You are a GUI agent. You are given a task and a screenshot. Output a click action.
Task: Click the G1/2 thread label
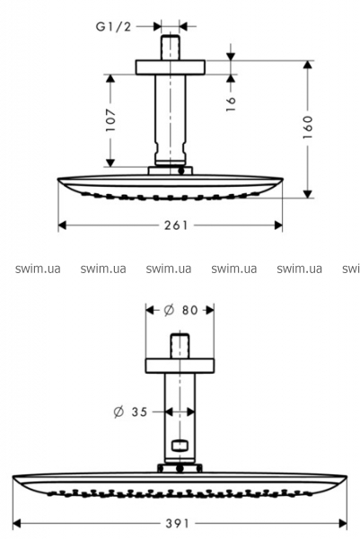(113, 26)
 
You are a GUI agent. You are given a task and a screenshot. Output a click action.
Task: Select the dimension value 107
(110, 120)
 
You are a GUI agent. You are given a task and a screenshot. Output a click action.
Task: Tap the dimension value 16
(231, 103)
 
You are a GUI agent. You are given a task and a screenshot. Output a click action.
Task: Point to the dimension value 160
(308, 127)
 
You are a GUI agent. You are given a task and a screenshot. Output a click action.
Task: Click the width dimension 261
(176, 225)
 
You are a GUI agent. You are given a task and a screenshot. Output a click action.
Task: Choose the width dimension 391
(177, 524)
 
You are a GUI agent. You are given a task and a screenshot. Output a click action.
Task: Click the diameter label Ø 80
(180, 310)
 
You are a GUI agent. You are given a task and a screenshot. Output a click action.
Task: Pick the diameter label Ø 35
(130, 411)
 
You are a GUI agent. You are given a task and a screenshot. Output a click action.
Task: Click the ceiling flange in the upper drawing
(170, 67)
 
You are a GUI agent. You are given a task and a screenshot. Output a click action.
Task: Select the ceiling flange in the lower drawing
(180, 367)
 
